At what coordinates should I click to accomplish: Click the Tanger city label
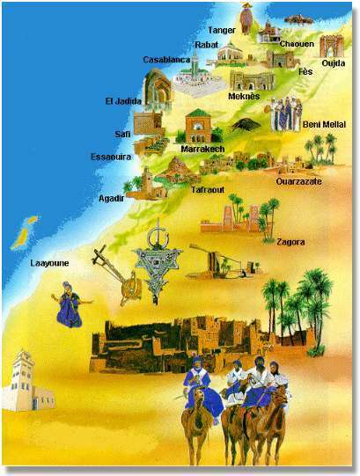(x=222, y=29)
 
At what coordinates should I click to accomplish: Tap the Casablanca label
(x=165, y=60)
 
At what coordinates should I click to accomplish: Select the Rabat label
(x=207, y=45)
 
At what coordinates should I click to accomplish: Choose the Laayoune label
(x=49, y=262)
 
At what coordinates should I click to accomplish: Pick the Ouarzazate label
(x=298, y=181)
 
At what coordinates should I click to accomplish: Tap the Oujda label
(x=334, y=62)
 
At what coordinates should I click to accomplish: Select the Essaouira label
(x=112, y=157)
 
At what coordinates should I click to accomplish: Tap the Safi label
(x=122, y=134)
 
